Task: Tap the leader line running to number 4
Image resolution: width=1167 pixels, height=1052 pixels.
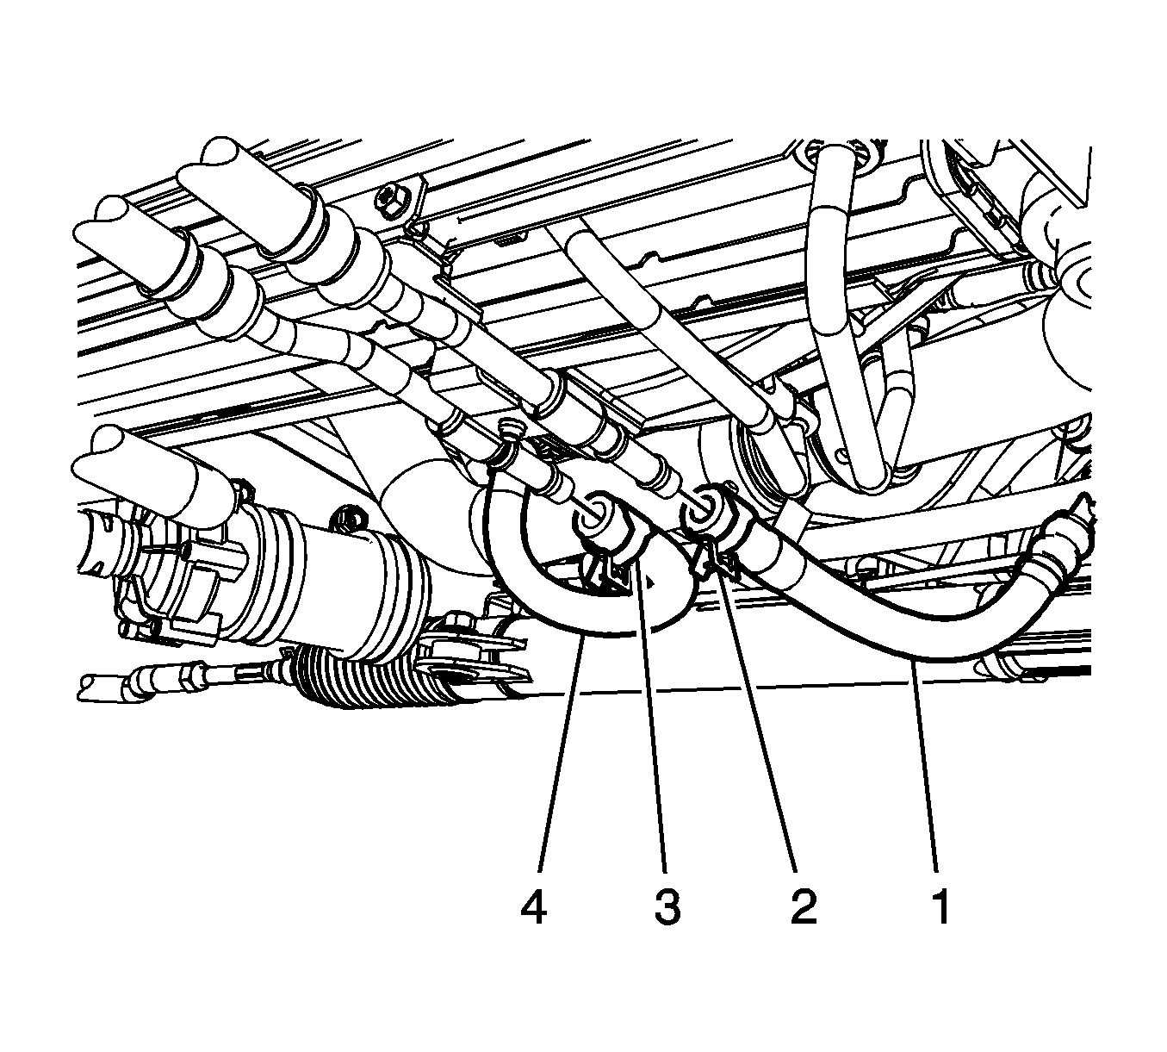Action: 562,753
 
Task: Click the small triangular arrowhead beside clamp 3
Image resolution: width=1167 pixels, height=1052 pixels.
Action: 653,580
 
